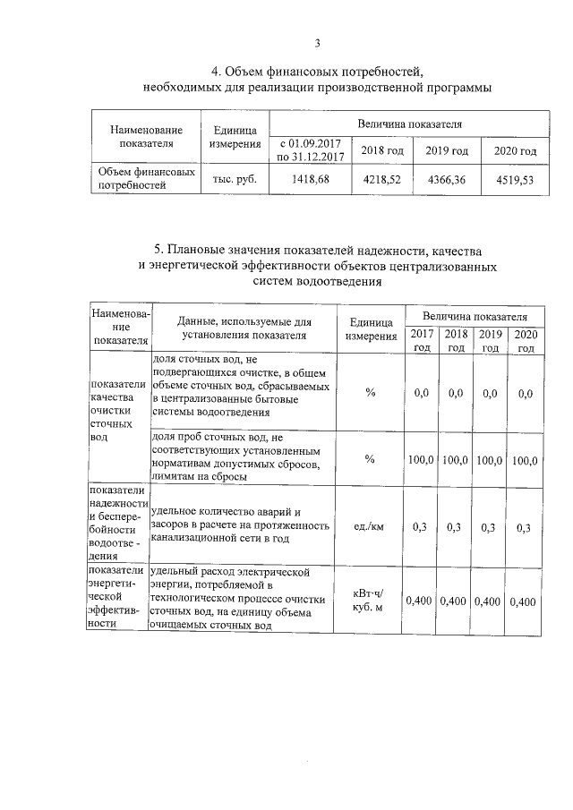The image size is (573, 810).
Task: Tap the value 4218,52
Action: [382, 179]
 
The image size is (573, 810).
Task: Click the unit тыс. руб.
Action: [235, 179]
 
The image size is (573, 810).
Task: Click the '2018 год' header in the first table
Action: [382, 150]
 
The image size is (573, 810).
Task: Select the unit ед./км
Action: [369, 527]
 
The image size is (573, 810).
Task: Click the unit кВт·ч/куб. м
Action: [369, 600]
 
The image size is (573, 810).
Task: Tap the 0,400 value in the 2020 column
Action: [523, 600]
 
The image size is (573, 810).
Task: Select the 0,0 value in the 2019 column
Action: [489, 392]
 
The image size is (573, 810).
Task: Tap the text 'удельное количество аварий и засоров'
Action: [233, 517]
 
